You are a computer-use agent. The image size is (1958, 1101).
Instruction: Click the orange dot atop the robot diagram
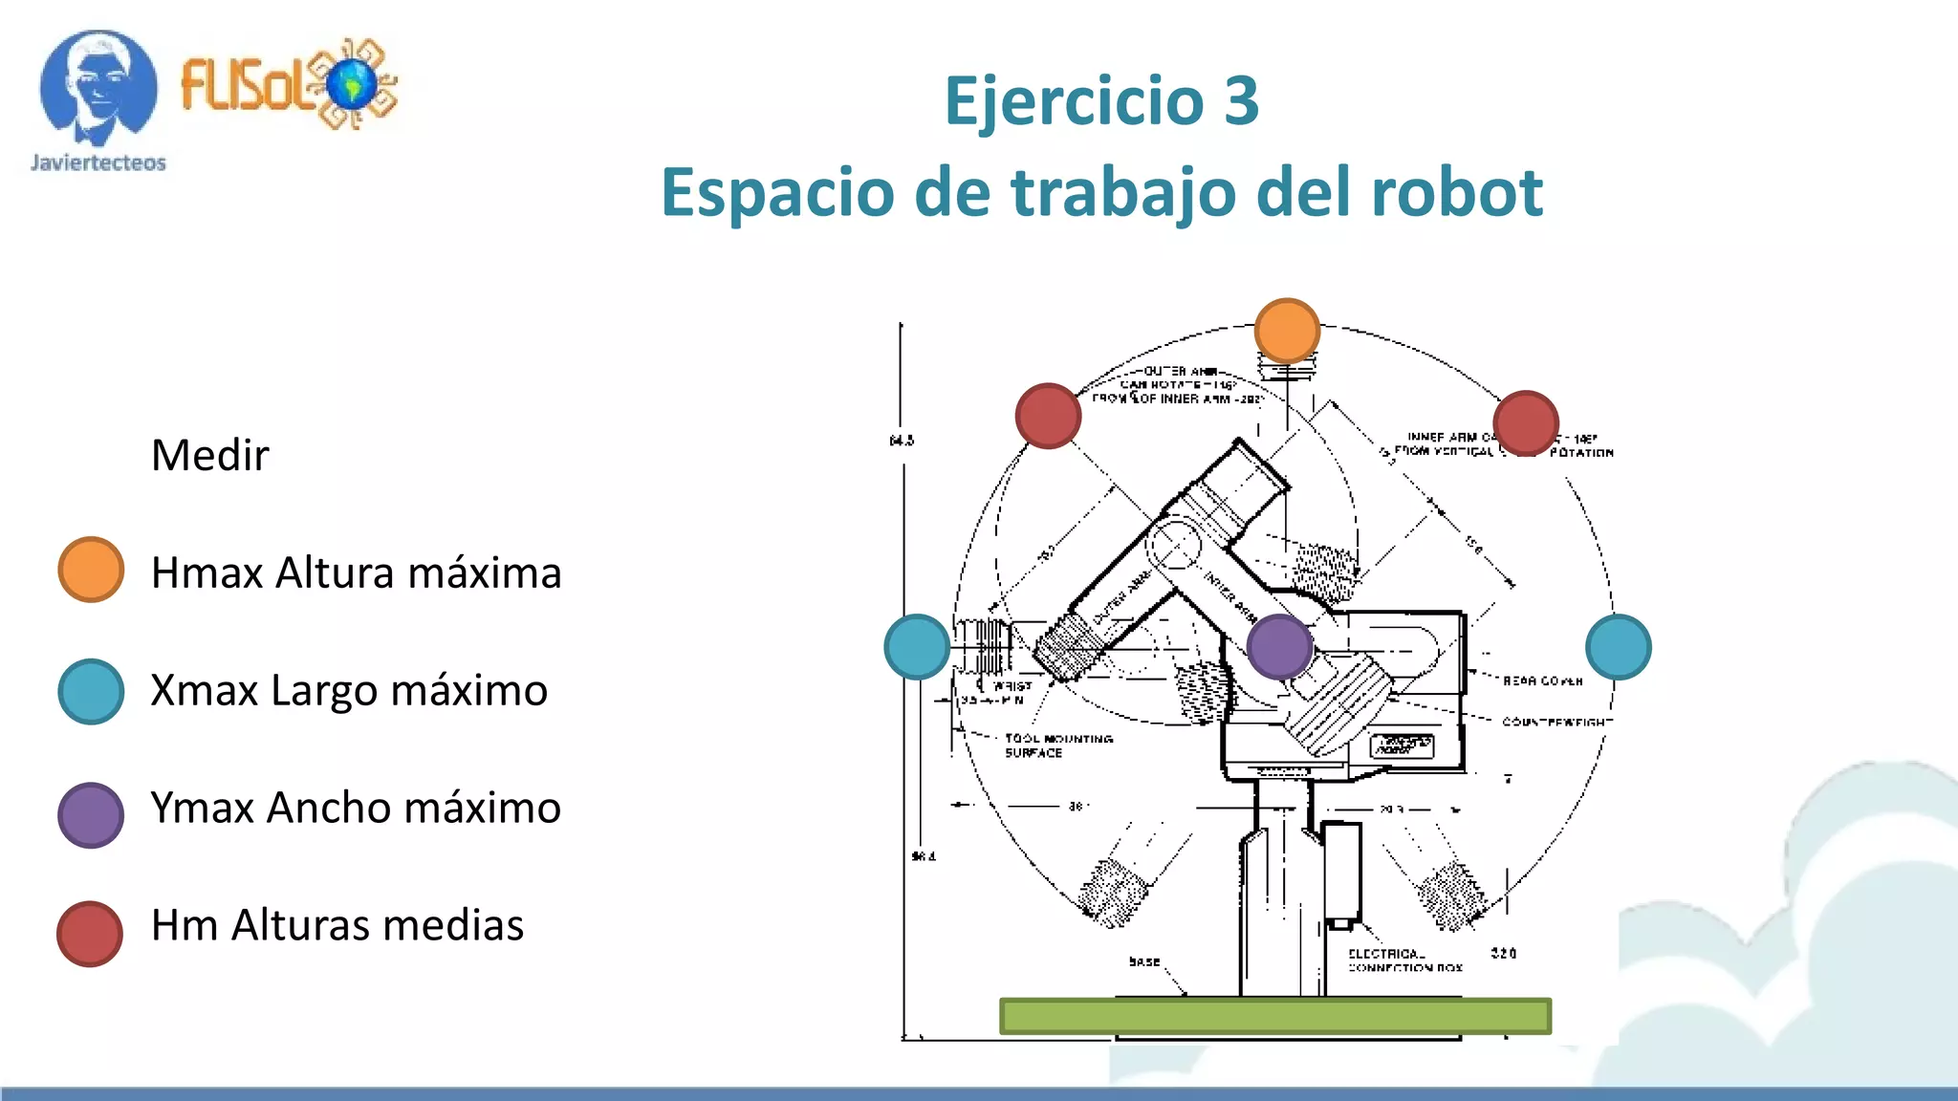pos(1287,331)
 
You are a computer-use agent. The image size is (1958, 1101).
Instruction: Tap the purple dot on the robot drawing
pos(1279,647)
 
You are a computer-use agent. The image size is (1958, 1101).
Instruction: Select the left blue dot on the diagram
pos(917,647)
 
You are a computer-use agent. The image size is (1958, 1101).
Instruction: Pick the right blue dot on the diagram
pos(1618,647)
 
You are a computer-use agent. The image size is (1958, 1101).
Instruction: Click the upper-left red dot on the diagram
pos(1048,416)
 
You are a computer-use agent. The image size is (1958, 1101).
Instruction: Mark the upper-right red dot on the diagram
pos(1526,422)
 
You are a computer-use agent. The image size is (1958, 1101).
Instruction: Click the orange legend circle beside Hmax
pos(91,570)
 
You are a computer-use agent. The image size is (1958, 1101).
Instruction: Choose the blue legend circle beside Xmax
pos(91,691)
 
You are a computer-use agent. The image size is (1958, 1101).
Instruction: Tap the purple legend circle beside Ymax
pos(91,815)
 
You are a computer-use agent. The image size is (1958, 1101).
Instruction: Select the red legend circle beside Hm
pos(90,934)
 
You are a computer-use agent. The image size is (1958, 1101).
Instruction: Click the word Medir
pos(209,455)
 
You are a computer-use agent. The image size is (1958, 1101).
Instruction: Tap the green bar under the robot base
pos(1274,1016)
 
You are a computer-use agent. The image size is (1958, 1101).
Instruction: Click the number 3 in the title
pos(1241,100)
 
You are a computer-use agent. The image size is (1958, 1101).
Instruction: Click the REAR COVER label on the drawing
pos(1542,681)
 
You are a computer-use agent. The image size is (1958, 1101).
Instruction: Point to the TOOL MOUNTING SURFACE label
pos(1057,745)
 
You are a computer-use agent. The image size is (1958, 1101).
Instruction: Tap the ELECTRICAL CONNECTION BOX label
pos(1404,961)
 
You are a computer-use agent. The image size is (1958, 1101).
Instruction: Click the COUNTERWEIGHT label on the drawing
pos(1556,722)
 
